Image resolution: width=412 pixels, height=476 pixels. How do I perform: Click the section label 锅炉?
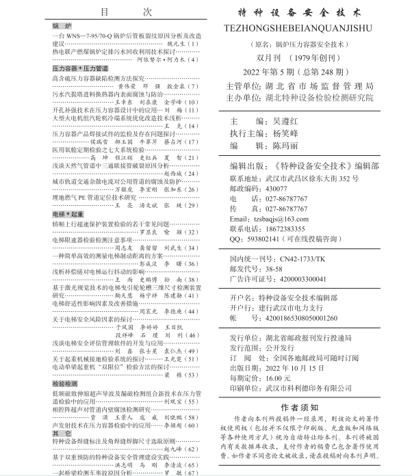pos(62,26)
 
